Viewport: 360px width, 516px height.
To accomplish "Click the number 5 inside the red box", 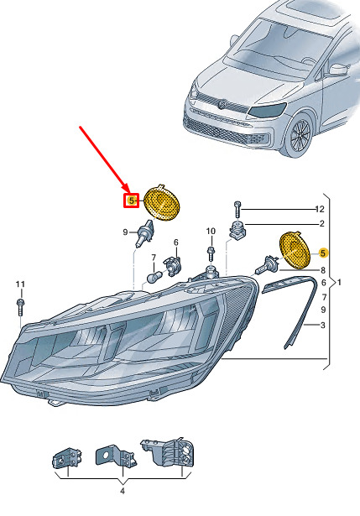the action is pos(131,201).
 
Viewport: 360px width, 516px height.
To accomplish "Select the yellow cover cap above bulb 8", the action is pos(295,250).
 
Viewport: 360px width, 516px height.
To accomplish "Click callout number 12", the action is pos(320,209).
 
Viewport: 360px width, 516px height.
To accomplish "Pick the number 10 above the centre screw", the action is pos(211,232).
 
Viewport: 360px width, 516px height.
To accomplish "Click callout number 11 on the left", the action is pos(20,284).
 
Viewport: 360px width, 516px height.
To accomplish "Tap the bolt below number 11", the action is pos(20,307).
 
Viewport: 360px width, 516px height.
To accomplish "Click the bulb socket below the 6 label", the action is pos(173,266).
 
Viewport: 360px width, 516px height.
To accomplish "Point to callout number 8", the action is pos(323,270).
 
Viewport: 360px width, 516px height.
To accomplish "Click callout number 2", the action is pos(322,223).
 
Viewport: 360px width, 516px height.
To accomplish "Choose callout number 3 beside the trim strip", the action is pos(323,326).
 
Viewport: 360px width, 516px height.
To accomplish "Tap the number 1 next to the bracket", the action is pos(339,283).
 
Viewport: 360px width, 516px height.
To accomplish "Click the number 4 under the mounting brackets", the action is pos(123,492).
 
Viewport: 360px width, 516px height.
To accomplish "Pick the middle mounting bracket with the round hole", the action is pos(115,456).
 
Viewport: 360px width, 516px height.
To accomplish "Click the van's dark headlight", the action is pos(267,110).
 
